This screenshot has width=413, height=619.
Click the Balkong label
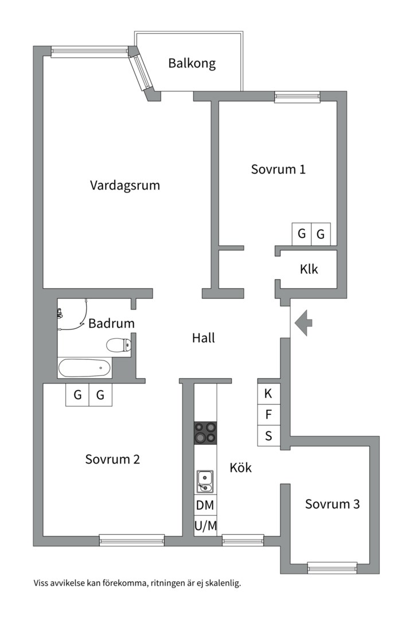tap(192, 64)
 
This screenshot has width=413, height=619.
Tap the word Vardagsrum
tap(125, 186)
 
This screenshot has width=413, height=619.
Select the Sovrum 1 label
tap(278, 169)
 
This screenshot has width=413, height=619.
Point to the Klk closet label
tap(309, 269)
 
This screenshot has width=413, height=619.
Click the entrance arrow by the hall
tap(303, 323)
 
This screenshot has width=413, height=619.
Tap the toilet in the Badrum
tap(119, 345)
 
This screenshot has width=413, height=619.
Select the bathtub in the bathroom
tap(85, 369)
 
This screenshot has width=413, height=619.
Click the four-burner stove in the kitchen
tap(205, 433)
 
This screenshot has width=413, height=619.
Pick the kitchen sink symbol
tap(205, 481)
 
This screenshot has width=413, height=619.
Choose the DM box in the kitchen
tap(205, 505)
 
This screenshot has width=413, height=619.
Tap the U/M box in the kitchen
tap(205, 526)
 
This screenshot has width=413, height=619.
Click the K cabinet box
tap(269, 394)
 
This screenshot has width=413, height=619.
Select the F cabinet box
tap(269, 415)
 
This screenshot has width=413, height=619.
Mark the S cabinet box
tap(269, 436)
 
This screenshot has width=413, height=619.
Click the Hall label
tap(204, 338)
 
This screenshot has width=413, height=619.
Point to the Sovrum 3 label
tap(332, 504)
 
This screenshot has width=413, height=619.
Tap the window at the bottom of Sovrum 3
tap(332, 568)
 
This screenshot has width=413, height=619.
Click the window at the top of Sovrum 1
tap(297, 97)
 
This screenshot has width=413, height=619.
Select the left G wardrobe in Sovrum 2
tap(77, 394)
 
